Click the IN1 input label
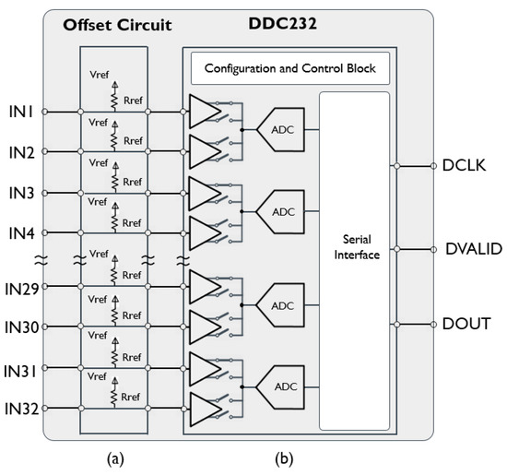click(22, 112)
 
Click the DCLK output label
click(467, 167)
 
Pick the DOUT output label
click(467, 324)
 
